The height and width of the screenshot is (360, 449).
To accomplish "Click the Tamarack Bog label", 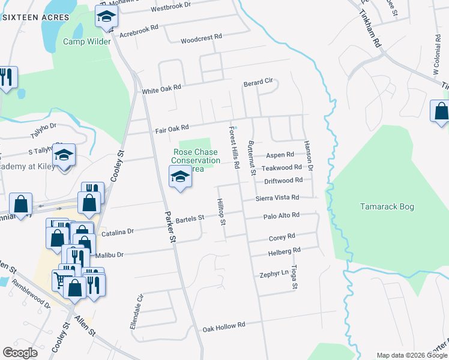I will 387,207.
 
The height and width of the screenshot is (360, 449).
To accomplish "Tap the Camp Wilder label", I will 87,42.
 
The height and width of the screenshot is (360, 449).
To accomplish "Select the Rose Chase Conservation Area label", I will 196,161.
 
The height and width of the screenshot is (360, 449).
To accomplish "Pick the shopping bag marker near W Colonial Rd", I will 441,112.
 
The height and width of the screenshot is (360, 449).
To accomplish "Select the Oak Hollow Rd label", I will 224,328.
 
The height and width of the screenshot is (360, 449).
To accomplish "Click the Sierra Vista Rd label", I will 277,197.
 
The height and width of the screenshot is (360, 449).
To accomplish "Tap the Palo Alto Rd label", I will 281,216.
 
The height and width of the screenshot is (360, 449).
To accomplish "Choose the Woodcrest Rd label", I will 201,37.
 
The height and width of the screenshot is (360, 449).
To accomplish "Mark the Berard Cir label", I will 258,82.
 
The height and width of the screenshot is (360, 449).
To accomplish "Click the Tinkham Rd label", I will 371,27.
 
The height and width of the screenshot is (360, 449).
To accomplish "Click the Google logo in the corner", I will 20,353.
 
